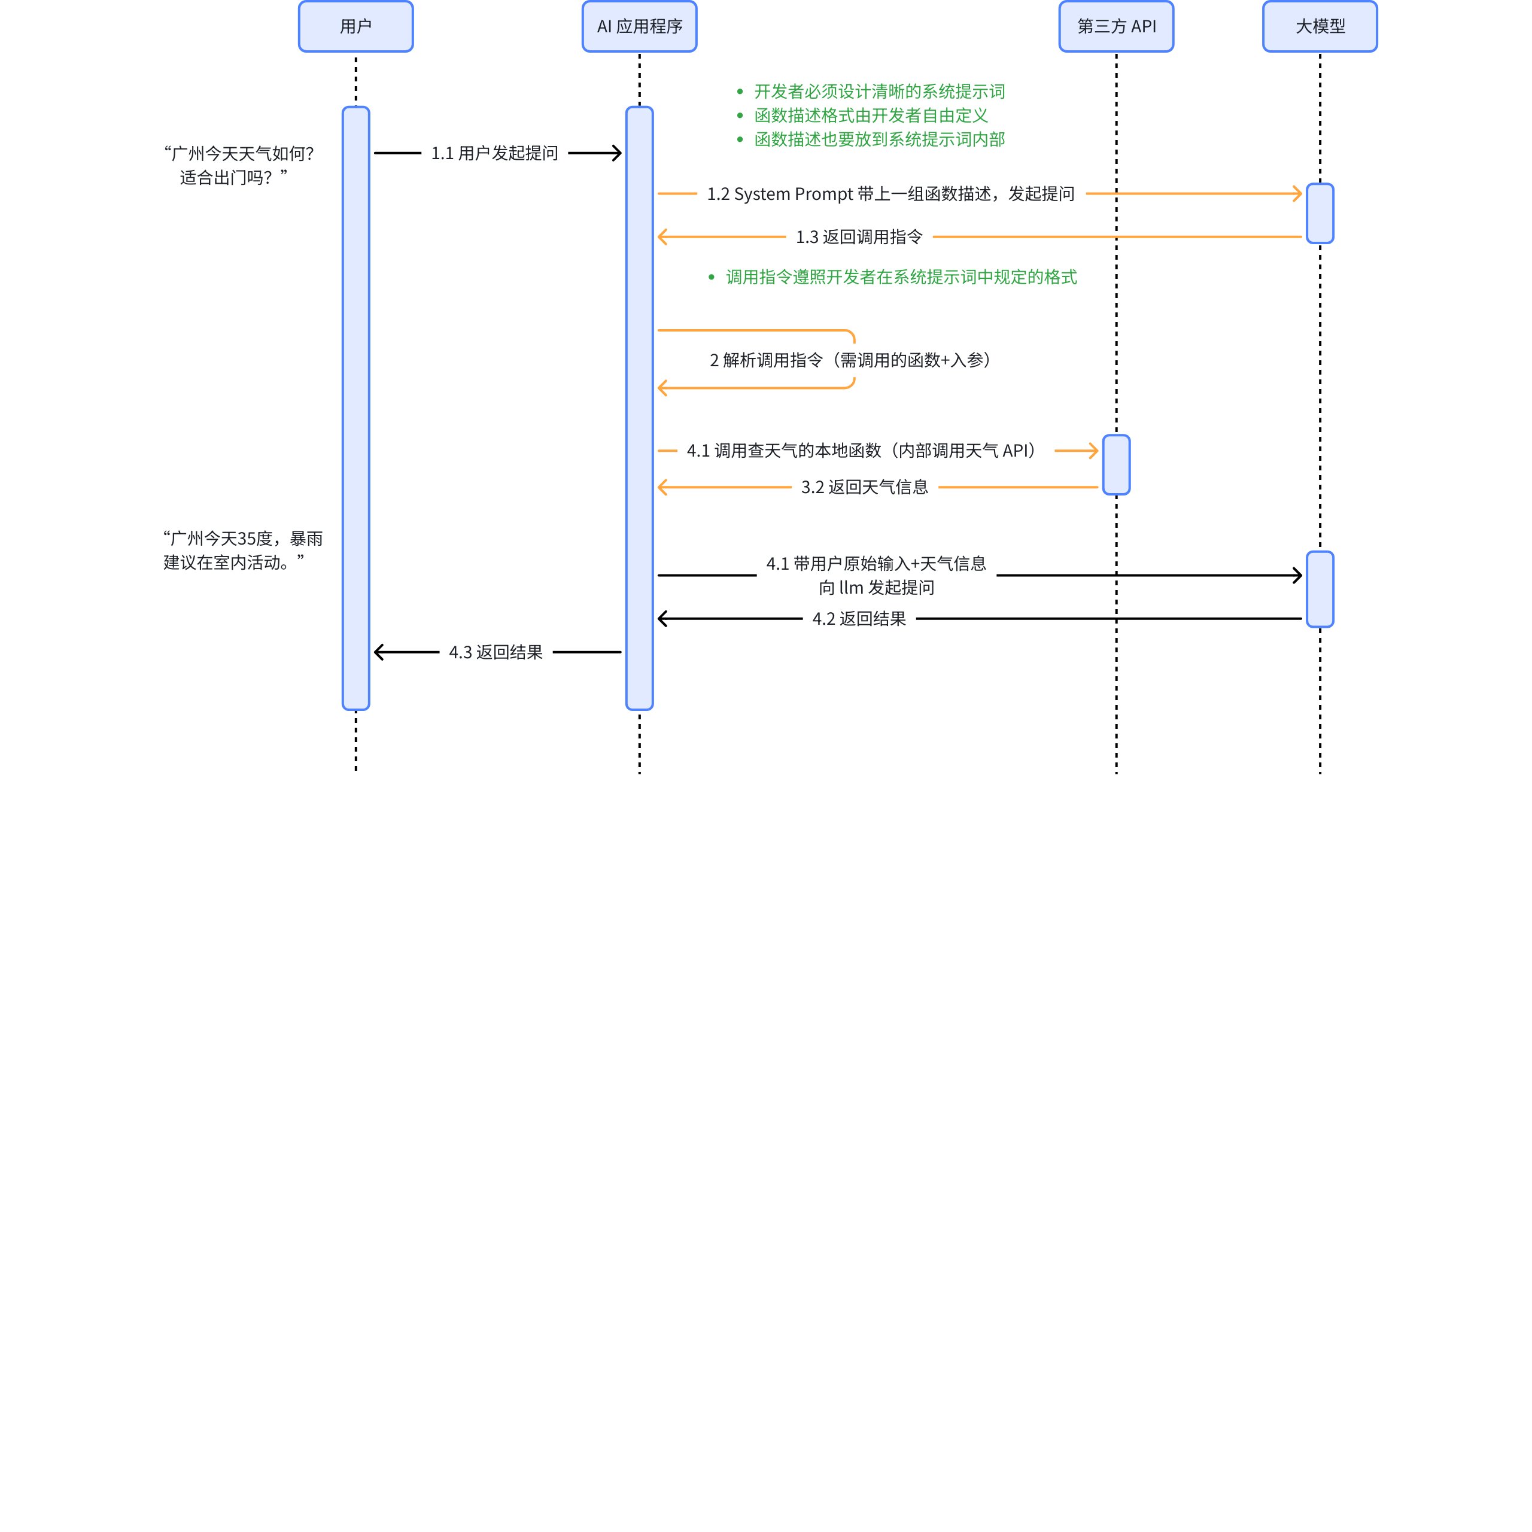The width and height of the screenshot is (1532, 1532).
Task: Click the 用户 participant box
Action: (x=355, y=26)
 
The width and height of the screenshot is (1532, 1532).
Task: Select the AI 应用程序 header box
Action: (x=639, y=26)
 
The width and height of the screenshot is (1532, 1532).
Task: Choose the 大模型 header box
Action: (x=1320, y=26)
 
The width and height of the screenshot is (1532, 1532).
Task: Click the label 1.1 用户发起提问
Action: (x=494, y=153)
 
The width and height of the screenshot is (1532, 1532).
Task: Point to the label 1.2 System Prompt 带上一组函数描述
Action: (x=890, y=193)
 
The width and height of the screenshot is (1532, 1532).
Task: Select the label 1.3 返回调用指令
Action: (x=859, y=237)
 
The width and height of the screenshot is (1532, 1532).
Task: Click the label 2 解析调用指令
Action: (x=850, y=360)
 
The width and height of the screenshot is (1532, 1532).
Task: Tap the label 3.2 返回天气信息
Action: (x=864, y=487)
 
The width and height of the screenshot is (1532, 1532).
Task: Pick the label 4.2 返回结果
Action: (x=859, y=619)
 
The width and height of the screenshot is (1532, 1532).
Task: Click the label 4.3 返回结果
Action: (x=496, y=652)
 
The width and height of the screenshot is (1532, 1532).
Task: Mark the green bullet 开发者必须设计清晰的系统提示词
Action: (x=879, y=91)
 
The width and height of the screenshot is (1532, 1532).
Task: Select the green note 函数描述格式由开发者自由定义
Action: (x=871, y=115)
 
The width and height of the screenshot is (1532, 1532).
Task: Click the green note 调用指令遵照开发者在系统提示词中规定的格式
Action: (x=901, y=276)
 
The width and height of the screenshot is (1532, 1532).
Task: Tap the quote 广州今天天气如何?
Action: (x=239, y=153)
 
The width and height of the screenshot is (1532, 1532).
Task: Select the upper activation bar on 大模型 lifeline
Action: (x=1320, y=213)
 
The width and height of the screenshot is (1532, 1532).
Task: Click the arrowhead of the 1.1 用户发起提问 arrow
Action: (x=617, y=153)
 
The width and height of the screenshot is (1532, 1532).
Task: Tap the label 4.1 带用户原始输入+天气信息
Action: (x=876, y=564)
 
